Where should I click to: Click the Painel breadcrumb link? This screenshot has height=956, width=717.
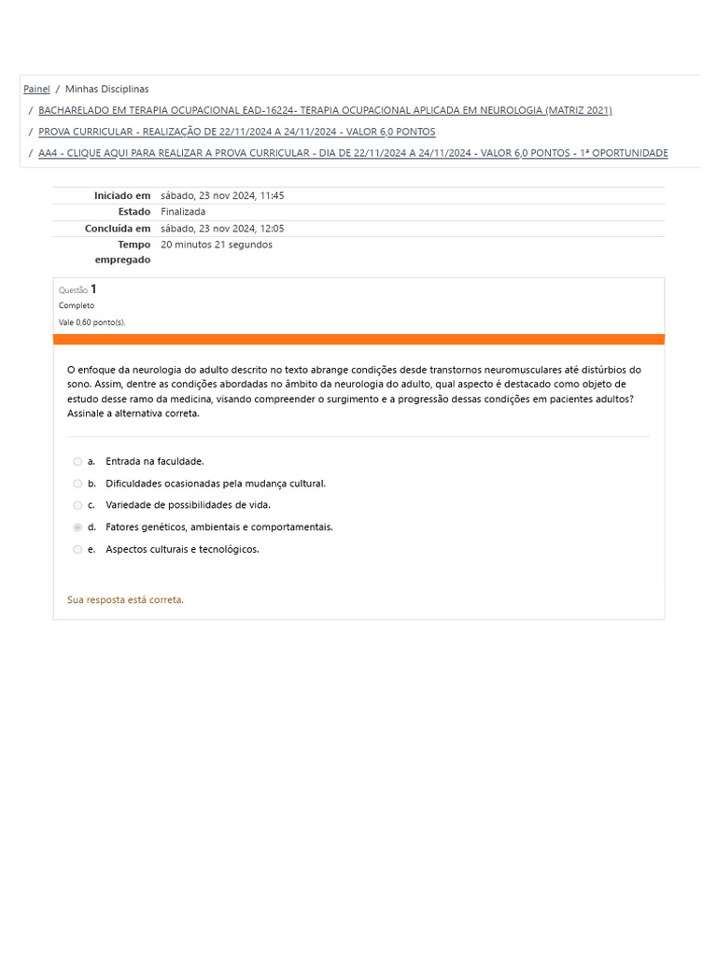coord(36,90)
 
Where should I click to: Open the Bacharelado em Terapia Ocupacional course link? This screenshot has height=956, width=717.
coord(325,110)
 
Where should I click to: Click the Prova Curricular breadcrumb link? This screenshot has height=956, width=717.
coord(236,132)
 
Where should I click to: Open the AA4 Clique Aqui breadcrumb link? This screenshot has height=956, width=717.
coord(353,153)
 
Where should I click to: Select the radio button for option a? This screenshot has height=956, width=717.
coord(77,461)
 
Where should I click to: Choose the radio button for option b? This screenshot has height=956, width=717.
coord(77,484)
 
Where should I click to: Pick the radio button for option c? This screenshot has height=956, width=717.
coord(77,505)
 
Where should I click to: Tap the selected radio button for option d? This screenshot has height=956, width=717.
coord(77,527)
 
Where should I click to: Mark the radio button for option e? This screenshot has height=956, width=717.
coord(77,550)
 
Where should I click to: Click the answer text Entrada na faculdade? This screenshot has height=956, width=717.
coord(154,461)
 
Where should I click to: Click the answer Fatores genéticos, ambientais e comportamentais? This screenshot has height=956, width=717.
coord(218,527)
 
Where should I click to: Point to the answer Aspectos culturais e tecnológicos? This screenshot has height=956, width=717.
coord(182,550)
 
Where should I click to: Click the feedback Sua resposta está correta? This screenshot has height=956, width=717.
coord(125,600)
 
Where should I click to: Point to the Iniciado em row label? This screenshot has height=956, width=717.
coord(121,196)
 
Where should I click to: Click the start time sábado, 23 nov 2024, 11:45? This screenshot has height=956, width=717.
coord(222,196)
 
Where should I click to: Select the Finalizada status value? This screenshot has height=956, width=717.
coord(183,212)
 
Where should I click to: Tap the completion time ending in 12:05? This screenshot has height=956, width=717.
coord(222,229)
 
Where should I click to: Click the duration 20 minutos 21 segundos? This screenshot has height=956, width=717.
coord(217,245)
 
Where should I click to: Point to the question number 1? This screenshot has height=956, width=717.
coord(93,289)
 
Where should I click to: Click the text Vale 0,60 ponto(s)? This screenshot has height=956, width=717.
coord(91,322)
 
